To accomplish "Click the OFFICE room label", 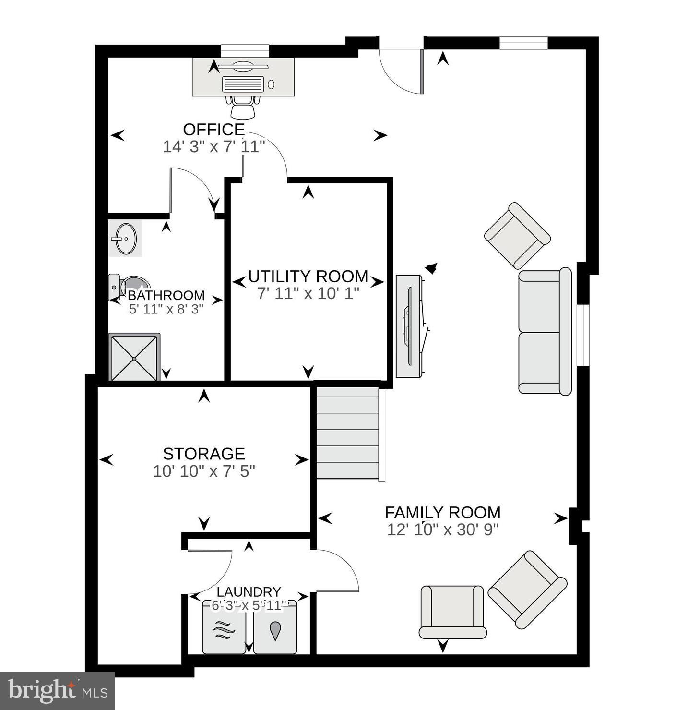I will [x=214, y=130].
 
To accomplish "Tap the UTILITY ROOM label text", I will [x=308, y=277].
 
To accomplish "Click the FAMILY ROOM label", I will [x=442, y=512].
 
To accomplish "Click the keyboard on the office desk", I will [x=243, y=84].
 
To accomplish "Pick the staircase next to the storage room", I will [x=347, y=433].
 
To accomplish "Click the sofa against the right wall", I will [x=545, y=331].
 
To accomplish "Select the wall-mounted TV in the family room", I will [x=409, y=326].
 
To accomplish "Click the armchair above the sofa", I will [x=517, y=235].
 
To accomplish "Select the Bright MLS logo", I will [x=58, y=691].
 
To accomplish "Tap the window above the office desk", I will [x=245, y=51].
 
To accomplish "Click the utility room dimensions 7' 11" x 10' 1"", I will [x=308, y=293].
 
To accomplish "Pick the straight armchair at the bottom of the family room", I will [x=452, y=612].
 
